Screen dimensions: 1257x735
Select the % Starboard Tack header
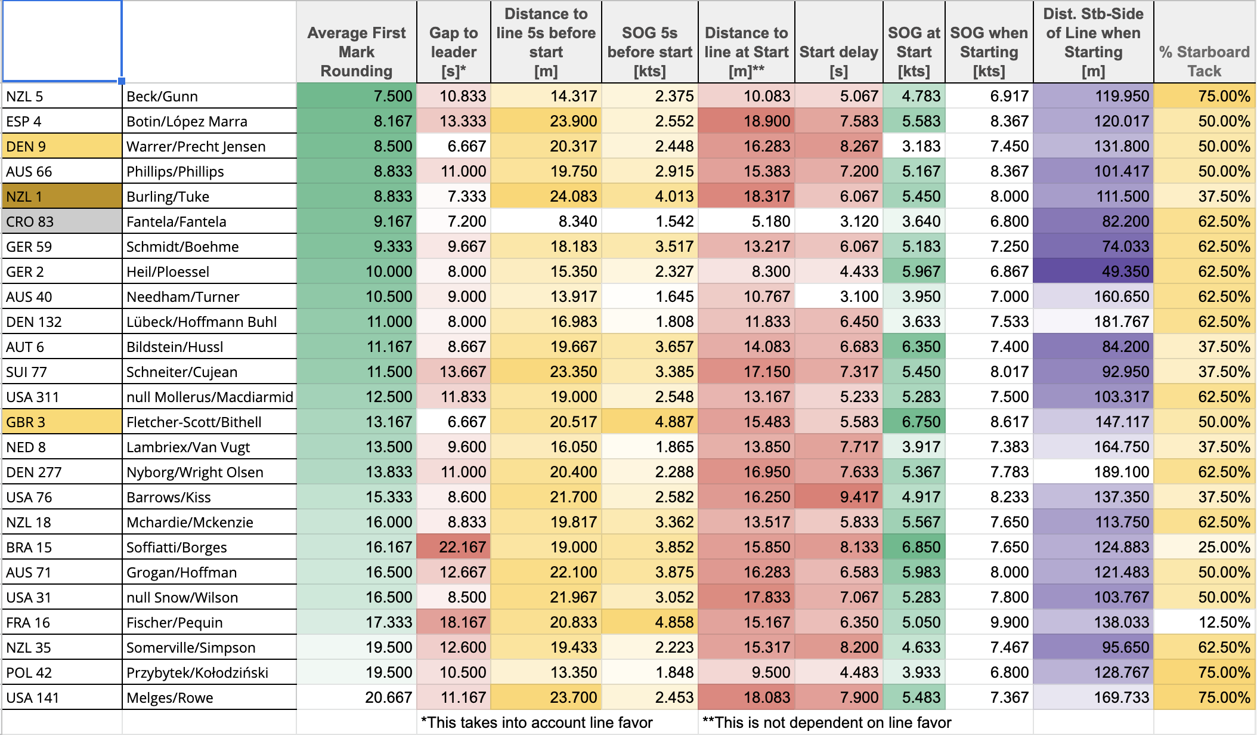pyautogui.click(x=1205, y=61)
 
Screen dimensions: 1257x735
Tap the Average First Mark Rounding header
pyautogui.click(x=357, y=52)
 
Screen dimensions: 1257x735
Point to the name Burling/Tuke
pyautogui.click(x=168, y=196)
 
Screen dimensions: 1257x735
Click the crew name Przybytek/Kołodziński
pyautogui.click(x=197, y=672)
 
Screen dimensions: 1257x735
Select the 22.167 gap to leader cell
pyautogui.click(x=454, y=547)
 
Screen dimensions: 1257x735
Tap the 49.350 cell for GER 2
pyautogui.click(x=1094, y=271)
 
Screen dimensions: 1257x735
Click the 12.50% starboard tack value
pyautogui.click(x=1205, y=622)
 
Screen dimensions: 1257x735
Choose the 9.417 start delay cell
pyautogui.click(x=839, y=497)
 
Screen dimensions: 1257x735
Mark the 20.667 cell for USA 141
pyautogui.click(x=357, y=697)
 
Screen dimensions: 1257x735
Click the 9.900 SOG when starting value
pyautogui.click(x=989, y=622)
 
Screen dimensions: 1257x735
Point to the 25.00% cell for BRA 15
pyautogui.click(x=1205, y=547)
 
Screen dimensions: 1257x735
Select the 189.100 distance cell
pyautogui.click(x=1094, y=472)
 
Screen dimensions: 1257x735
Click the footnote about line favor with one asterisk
pyautogui.click(x=537, y=722)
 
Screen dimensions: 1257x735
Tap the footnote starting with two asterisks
pyautogui.click(x=826, y=722)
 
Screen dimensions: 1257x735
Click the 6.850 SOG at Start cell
pyautogui.click(x=914, y=547)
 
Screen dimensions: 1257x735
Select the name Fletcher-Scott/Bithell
pyautogui.click(x=194, y=422)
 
